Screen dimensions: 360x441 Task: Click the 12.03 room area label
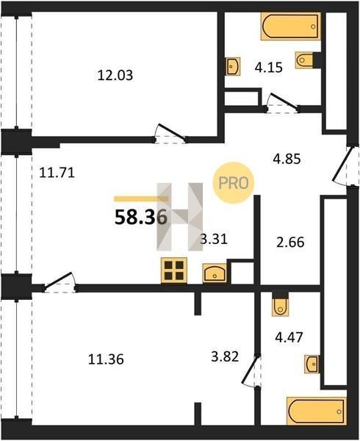115,76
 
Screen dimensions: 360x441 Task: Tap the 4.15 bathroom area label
268,68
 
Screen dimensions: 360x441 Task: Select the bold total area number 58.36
141,218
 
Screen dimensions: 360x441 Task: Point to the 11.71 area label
57,173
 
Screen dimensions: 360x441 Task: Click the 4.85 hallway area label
287,159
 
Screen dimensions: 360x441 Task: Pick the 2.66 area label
290,242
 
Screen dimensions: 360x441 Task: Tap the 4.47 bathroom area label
289,337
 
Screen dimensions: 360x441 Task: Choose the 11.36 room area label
106,359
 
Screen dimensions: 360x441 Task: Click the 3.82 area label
225,356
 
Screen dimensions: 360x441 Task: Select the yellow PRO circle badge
234,183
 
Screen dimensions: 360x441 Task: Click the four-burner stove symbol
174,270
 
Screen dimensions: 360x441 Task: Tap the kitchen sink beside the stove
215,273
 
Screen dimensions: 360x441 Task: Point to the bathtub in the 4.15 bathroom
291,26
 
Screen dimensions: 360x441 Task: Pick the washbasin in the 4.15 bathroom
233,66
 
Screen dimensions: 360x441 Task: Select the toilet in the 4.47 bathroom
281,304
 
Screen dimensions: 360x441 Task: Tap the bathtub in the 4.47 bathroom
317,412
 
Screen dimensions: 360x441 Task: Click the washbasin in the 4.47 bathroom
312,365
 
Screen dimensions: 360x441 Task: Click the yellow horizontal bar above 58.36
141,199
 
